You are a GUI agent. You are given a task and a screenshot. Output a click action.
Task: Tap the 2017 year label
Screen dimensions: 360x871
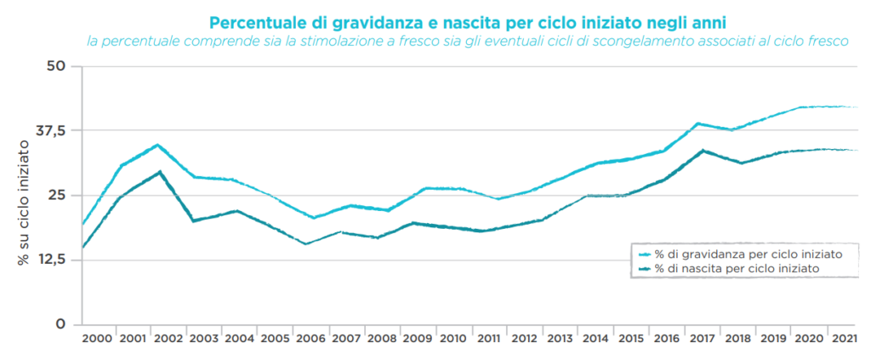click(703, 339)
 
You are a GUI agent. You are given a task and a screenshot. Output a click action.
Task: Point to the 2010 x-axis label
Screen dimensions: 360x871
click(454, 339)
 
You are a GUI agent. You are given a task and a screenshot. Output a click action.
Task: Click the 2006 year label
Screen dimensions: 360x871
click(312, 339)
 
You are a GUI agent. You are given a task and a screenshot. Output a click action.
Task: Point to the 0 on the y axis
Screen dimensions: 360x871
click(61, 324)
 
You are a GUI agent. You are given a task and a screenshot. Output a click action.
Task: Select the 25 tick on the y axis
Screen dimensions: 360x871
click(56, 195)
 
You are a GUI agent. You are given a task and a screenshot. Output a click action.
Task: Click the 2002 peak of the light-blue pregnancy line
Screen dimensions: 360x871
click(157, 145)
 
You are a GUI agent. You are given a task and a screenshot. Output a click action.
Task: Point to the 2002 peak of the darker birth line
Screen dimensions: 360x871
click(159, 172)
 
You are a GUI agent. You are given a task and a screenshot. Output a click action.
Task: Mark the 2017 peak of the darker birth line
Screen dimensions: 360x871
click(703, 151)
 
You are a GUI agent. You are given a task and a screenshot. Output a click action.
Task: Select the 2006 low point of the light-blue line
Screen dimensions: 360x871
click(313, 218)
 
